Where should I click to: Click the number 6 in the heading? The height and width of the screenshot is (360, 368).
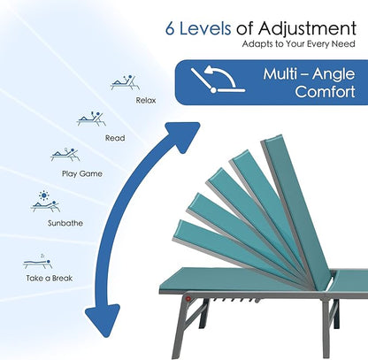170,29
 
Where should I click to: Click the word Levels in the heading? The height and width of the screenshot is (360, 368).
205,28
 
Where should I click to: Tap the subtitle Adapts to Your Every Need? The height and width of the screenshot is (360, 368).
298,44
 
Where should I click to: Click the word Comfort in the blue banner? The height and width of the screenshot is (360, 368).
325,92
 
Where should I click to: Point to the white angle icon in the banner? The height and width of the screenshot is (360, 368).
218,80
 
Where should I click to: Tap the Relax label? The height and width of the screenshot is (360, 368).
146,101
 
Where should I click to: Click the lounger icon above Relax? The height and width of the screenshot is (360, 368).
125,82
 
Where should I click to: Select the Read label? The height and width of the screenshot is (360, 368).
115,138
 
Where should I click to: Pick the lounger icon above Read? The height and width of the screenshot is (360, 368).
91,119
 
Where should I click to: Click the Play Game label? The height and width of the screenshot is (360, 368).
82,173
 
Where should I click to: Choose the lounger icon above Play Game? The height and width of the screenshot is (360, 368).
65,155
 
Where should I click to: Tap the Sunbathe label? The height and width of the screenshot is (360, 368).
65,223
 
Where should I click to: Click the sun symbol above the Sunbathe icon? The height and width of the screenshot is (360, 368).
44,195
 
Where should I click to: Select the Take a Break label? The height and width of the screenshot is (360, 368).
50,278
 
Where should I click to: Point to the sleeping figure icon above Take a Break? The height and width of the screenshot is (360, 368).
38,261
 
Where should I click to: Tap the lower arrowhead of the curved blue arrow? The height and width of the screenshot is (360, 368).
103,320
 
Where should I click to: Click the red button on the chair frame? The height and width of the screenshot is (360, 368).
188,299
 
